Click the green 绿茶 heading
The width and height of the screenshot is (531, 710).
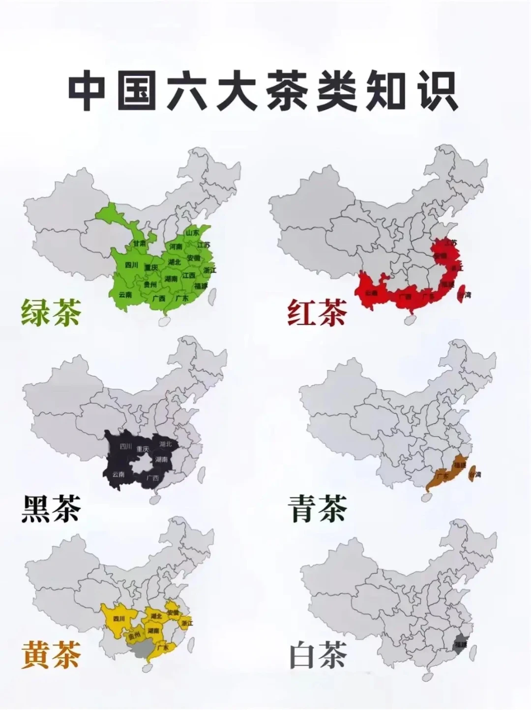[51, 313]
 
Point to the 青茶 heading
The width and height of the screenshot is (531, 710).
[317, 508]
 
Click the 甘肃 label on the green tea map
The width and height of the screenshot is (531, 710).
[139, 244]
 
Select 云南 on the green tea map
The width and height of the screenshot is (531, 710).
[125, 295]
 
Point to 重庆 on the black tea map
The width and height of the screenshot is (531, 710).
[142, 448]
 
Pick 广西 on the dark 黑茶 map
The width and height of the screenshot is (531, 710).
[152, 478]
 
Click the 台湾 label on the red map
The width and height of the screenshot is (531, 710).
[464, 295]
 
